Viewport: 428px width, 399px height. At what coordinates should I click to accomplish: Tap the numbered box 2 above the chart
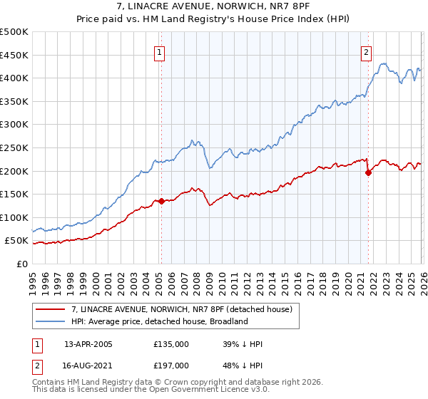point(366,52)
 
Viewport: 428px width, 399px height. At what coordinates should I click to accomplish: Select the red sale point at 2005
point(161,201)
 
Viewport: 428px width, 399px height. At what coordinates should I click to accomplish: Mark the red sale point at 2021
point(369,172)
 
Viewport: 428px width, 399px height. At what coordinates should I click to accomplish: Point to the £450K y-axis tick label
point(14,55)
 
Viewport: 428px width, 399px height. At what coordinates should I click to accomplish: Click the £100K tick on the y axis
point(14,217)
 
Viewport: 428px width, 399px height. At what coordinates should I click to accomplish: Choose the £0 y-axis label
point(21,264)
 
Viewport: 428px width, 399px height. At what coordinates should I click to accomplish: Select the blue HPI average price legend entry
point(158,321)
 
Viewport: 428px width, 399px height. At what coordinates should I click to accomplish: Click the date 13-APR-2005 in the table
point(88,344)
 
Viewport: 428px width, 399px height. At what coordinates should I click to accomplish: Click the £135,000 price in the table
point(170,344)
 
